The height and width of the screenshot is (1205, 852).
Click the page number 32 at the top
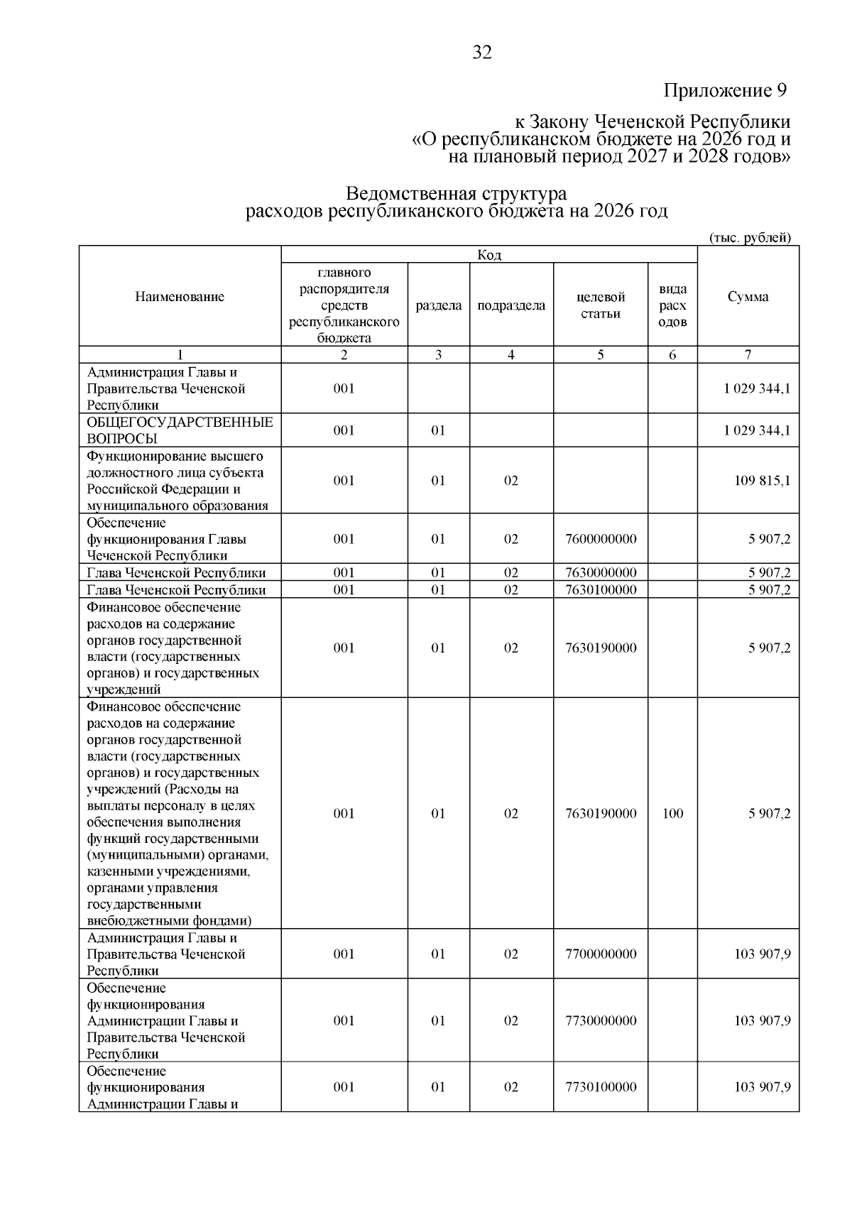point(481,53)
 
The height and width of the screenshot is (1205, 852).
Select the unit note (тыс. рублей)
point(750,238)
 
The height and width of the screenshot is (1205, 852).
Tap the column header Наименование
point(180,297)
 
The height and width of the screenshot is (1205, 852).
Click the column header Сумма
point(748,297)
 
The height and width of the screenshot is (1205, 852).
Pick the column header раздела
point(438,305)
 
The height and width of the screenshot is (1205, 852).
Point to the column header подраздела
point(511,305)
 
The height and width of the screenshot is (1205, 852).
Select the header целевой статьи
point(600,305)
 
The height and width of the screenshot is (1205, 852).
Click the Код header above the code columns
point(489,255)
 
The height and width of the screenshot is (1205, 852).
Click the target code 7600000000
point(601,539)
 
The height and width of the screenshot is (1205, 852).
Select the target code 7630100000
point(601,590)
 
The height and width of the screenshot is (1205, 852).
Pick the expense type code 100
point(672,814)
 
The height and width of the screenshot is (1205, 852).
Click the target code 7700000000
point(601,954)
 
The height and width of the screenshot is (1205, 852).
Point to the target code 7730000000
point(601,1021)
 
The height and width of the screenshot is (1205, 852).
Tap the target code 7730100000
point(601,1087)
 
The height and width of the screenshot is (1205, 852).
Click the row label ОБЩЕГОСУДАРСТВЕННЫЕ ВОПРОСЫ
point(180,430)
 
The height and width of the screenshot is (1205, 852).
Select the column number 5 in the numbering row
point(601,355)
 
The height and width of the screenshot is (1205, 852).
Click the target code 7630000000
point(601,573)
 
